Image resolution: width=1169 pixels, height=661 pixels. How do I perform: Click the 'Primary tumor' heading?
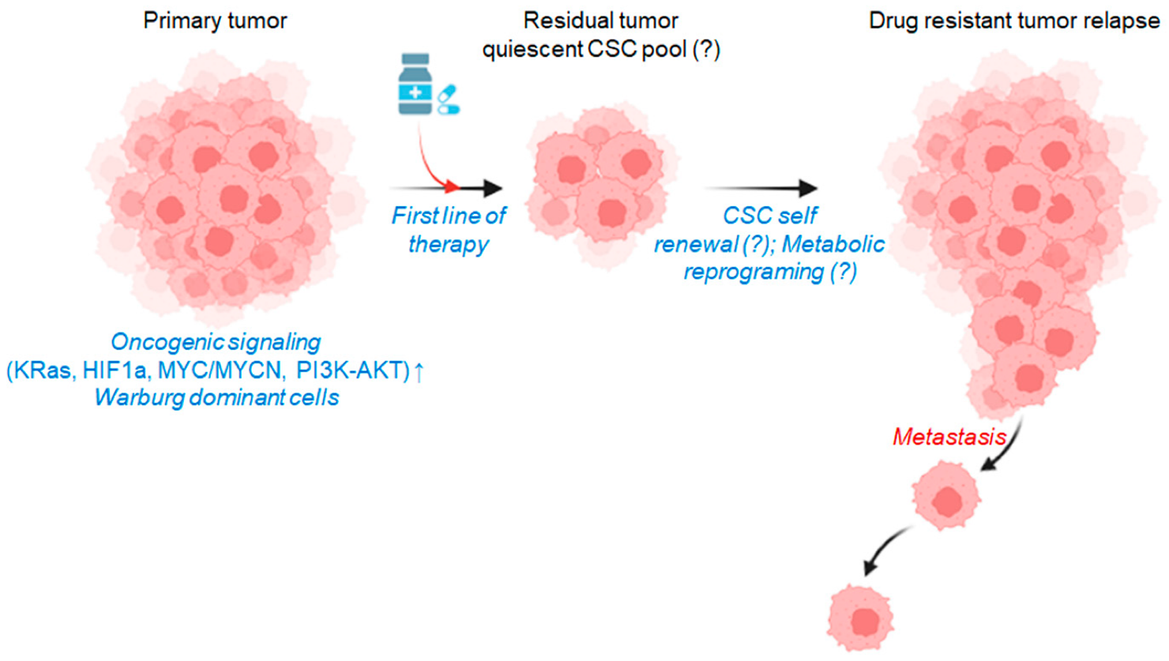click(215, 21)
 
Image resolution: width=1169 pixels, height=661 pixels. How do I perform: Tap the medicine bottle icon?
click(415, 84)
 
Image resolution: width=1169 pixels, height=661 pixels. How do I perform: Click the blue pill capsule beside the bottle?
click(448, 100)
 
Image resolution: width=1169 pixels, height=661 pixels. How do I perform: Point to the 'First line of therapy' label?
click(449, 229)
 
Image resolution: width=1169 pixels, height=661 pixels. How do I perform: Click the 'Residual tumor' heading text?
click(600, 21)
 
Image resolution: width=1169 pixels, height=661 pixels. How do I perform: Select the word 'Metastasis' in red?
click(949, 437)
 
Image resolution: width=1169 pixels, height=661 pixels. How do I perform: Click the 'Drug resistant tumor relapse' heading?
click(1013, 21)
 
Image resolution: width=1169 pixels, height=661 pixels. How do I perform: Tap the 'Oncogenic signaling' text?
click(216, 342)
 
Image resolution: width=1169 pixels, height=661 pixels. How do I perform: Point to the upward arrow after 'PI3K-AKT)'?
click(419, 370)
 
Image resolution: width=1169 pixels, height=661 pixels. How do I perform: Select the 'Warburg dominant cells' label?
click(216, 396)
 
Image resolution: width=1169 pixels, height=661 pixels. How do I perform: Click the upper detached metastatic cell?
click(945, 497)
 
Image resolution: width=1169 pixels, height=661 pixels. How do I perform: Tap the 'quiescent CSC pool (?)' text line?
click(600, 49)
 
